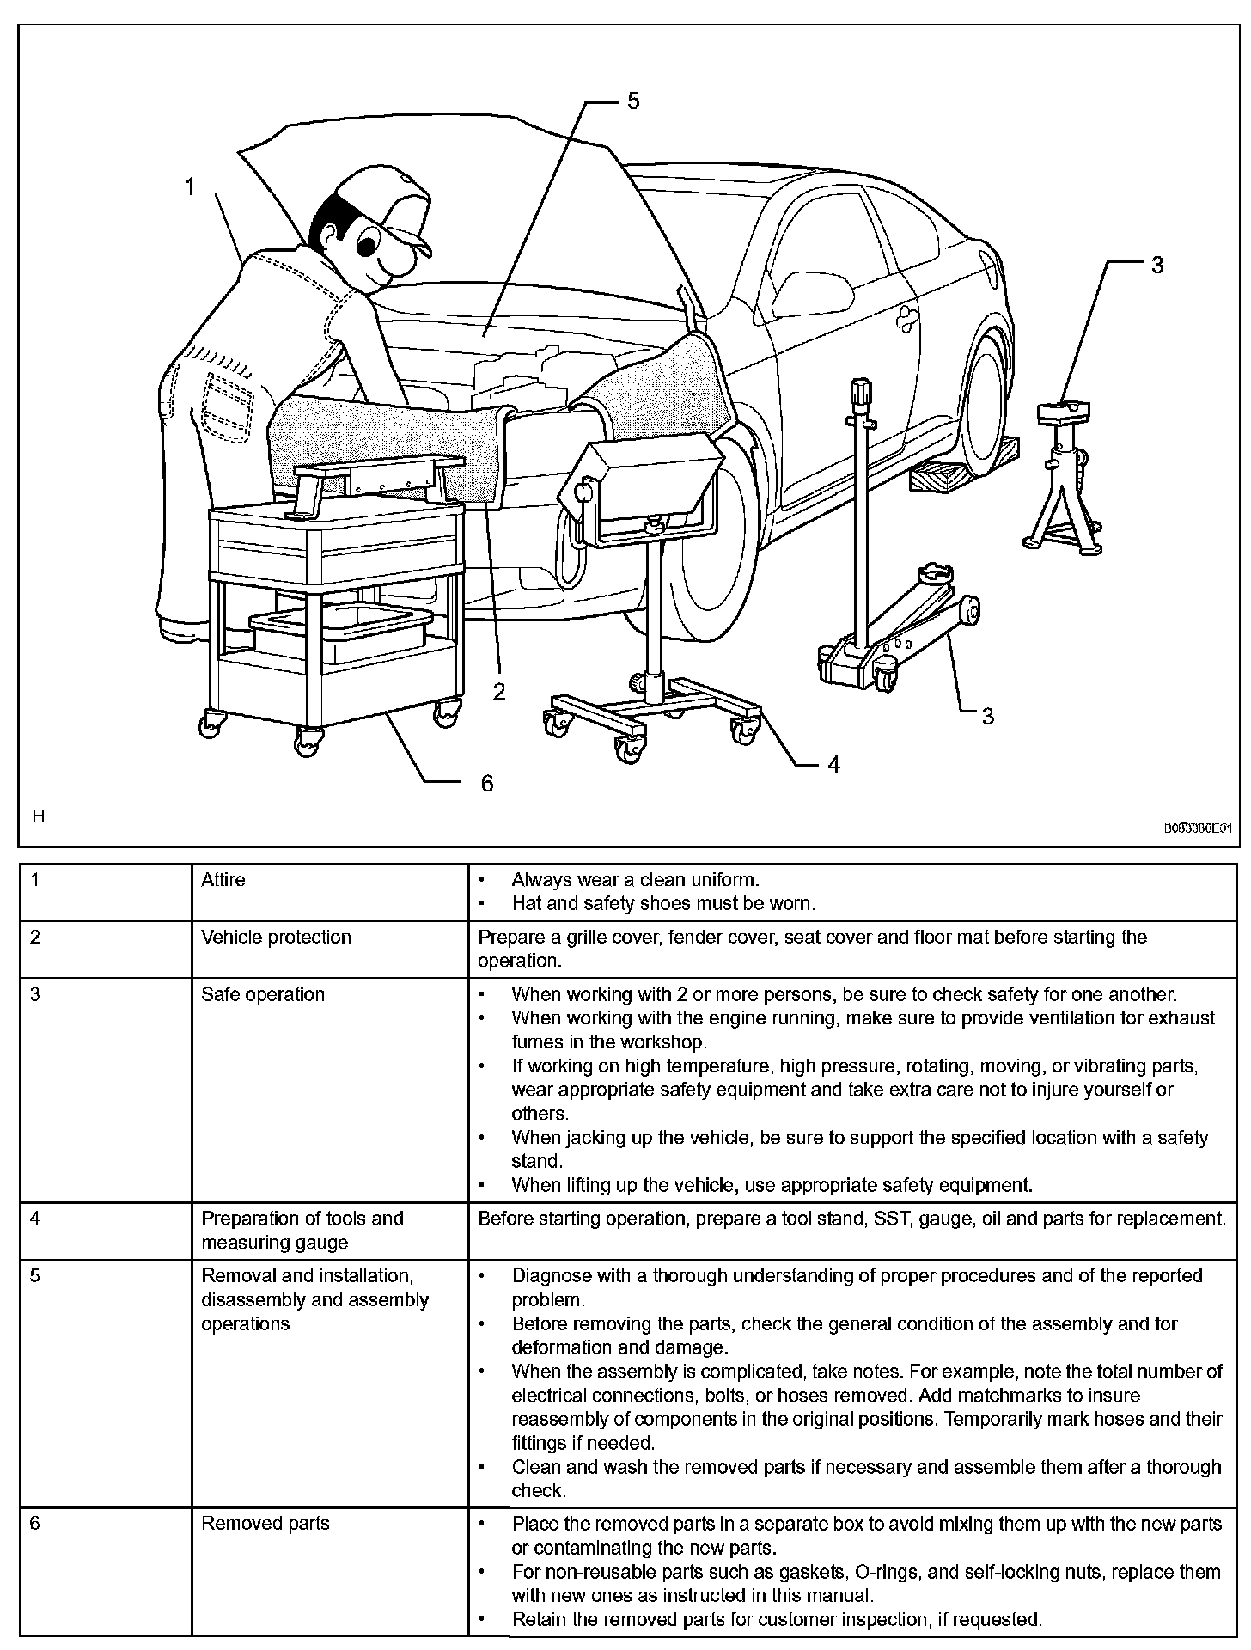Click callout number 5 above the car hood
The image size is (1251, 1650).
tap(632, 101)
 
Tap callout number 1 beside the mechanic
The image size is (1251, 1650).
tap(190, 186)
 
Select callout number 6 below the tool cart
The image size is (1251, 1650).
tap(487, 783)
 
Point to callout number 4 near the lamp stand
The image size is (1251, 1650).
tap(833, 763)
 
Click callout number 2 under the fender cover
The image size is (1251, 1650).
tap(499, 691)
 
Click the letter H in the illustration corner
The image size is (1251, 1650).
tap(39, 816)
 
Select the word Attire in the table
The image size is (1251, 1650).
tap(223, 880)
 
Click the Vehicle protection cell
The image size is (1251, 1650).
tap(276, 937)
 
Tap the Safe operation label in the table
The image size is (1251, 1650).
tap(263, 994)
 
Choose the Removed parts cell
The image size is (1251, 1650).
tap(265, 1524)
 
